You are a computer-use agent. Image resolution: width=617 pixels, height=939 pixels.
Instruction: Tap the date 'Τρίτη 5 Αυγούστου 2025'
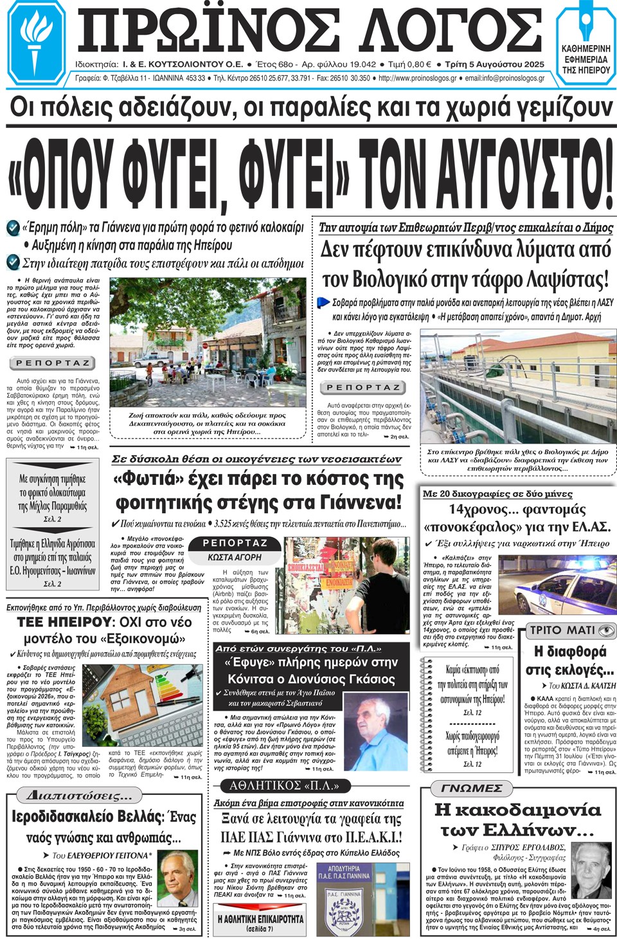(x=494, y=64)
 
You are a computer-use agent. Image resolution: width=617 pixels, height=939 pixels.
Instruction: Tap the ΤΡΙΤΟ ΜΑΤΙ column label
(x=571, y=630)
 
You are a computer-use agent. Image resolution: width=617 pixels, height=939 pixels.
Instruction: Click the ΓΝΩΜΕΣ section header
(x=472, y=788)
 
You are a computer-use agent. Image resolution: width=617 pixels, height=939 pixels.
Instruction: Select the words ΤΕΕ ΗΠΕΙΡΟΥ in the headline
(x=64, y=623)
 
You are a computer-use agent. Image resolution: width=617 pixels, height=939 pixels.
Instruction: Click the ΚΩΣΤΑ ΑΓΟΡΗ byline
(x=235, y=558)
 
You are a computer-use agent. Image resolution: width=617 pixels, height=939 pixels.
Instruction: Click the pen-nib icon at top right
(x=586, y=26)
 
